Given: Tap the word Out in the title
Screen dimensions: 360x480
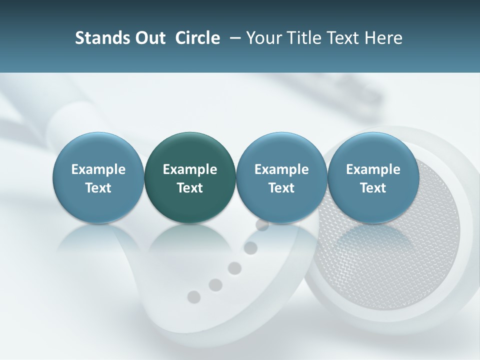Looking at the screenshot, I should (x=149, y=38).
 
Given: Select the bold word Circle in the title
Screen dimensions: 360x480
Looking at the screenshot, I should (x=197, y=38).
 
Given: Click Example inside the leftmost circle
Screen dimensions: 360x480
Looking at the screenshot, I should (x=98, y=169).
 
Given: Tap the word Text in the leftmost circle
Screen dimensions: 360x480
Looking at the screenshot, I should (x=98, y=188).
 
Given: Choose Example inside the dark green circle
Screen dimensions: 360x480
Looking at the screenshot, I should (x=190, y=169).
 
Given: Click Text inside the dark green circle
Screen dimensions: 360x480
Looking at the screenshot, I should (x=190, y=188).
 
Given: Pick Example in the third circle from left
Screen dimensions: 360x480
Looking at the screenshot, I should (x=281, y=169).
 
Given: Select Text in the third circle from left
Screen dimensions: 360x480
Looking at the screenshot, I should (x=281, y=188).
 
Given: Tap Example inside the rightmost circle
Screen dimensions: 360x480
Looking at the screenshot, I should (x=373, y=169).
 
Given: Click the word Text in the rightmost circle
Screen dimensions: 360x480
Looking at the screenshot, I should (x=373, y=188).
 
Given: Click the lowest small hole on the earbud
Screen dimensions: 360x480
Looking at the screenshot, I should (x=193, y=296).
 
